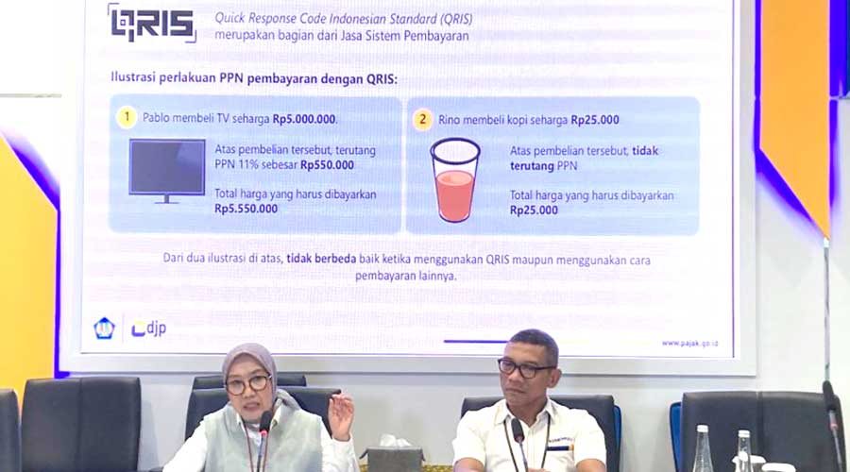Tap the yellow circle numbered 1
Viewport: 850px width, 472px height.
coord(127,118)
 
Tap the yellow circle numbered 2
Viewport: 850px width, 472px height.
coord(422,120)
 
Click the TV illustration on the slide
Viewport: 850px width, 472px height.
coord(167,170)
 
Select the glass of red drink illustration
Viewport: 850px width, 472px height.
coord(455,181)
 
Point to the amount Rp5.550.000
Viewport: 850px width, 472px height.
coord(246,209)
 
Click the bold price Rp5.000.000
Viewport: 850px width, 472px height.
coord(304,120)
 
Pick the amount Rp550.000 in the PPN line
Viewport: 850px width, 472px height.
coord(327,164)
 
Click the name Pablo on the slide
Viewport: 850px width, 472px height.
coord(158,120)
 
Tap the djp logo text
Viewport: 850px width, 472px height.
coord(149,329)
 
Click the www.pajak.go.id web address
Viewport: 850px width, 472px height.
coord(689,343)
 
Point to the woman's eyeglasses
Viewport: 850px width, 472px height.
coord(247,384)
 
